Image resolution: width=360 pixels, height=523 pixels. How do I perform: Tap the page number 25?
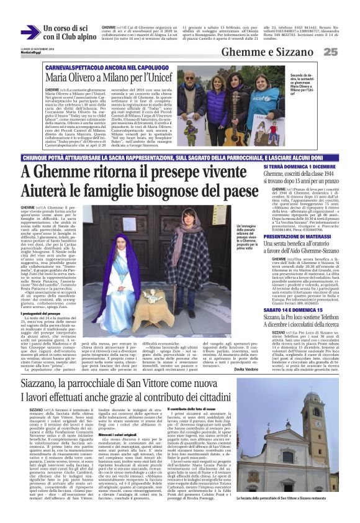click(348, 52)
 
